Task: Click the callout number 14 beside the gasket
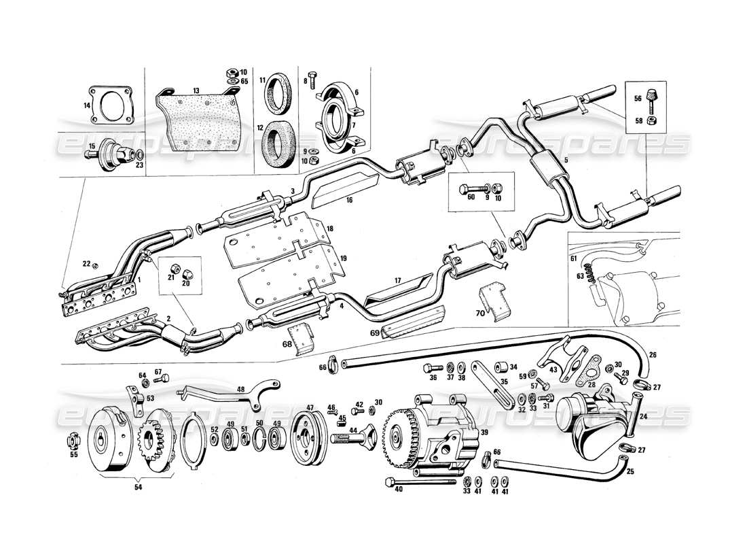click(x=86, y=105)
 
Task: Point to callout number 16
click(x=348, y=201)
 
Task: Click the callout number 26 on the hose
click(x=653, y=354)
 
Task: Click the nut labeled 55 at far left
click(x=72, y=442)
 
